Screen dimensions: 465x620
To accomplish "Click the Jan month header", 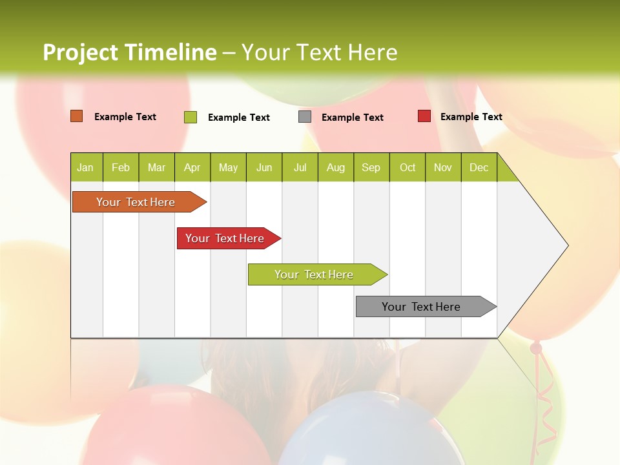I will point(86,168).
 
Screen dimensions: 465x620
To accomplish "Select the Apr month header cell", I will point(192,168).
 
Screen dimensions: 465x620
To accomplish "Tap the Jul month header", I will point(300,168).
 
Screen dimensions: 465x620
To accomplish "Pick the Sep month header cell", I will point(371,168).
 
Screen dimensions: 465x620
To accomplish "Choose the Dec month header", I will point(479,168).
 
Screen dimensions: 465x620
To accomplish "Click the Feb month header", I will point(121,168).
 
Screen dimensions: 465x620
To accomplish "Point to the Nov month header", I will point(442,168).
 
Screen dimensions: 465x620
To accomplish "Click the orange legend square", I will point(77,116).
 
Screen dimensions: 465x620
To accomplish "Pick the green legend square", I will point(191,117).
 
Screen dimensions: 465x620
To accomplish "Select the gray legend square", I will point(305,117).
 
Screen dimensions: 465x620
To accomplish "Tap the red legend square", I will point(424,116).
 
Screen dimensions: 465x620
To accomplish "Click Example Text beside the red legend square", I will point(471,117).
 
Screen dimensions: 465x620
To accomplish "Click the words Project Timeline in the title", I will point(130,52).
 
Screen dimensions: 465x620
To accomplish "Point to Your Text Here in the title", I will point(320,52).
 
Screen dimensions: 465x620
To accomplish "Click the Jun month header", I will point(264,168).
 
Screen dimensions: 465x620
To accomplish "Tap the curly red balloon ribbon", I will point(546,400).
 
